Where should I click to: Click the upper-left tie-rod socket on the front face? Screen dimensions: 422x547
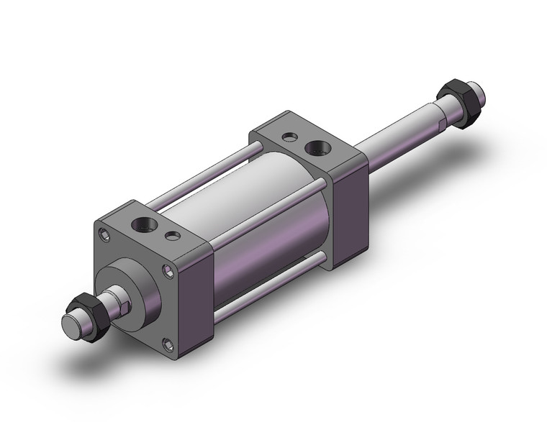point(106,233)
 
